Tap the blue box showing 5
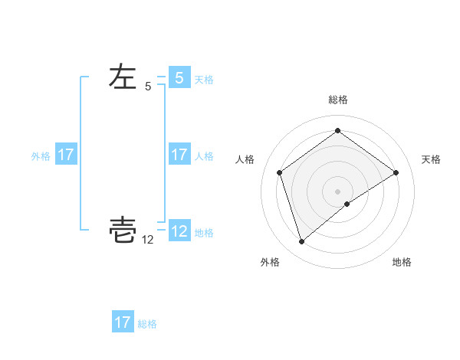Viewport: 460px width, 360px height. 179,78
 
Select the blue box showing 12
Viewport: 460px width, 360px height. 179,231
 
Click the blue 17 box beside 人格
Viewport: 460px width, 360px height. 179,155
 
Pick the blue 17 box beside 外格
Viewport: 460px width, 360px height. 65,155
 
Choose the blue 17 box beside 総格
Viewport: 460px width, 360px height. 123,322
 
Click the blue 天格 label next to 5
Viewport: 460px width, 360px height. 204,80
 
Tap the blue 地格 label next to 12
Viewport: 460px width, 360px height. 204,233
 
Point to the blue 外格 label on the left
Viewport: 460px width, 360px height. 41,156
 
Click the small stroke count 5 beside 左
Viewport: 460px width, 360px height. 148,87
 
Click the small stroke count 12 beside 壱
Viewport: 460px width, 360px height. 148,240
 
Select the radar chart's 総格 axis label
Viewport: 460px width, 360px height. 337,100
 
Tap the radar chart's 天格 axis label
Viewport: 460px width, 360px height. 432,159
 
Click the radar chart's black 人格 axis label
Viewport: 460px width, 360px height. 245,159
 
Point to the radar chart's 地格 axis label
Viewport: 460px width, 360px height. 402,262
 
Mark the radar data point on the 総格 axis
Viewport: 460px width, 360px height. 337,130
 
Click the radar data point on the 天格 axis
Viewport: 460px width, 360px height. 396,172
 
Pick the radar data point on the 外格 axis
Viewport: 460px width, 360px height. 301,242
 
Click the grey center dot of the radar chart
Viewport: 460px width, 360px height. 337,191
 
